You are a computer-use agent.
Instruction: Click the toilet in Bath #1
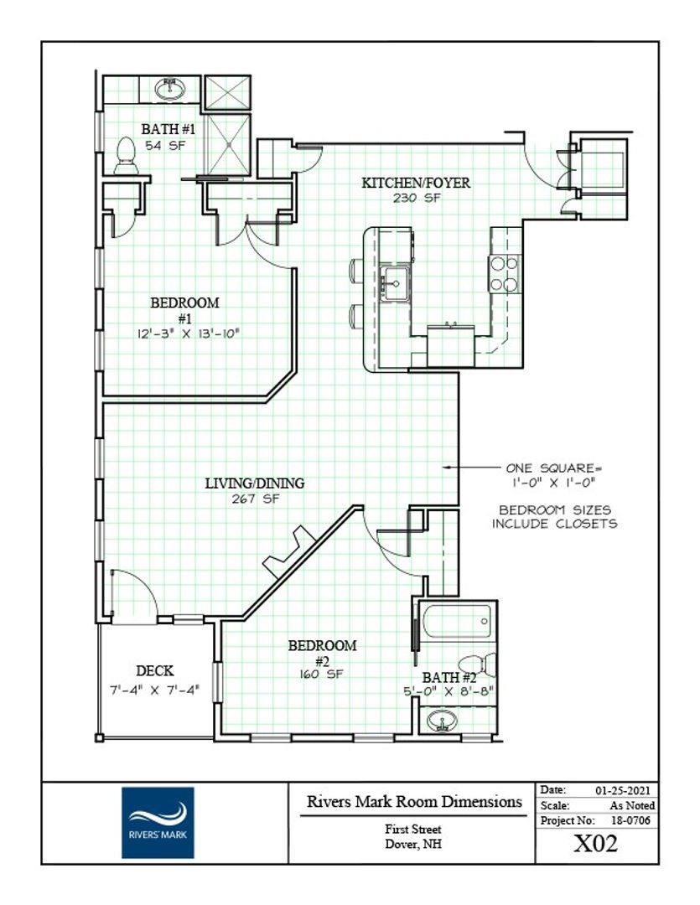tap(126, 156)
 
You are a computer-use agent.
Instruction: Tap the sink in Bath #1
tap(170, 89)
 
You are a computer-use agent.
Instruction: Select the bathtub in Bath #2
tap(457, 621)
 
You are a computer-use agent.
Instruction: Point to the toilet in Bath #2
tap(478, 665)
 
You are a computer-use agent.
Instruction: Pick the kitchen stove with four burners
tap(504, 273)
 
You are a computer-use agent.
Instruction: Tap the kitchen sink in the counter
tap(396, 283)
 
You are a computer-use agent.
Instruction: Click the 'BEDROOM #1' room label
tap(184, 310)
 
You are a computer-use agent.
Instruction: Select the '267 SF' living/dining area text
tap(256, 499)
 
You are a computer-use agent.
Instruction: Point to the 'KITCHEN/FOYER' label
tap(416, 183)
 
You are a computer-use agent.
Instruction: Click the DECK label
tap(155, 670)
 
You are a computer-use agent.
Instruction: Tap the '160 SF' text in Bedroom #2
tap(321, 674)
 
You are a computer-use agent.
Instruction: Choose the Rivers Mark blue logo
tap(158, 823)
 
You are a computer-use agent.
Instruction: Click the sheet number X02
tap(595, 844)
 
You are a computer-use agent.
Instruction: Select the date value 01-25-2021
tap(623, 791)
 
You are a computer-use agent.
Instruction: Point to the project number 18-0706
tap(630, 820)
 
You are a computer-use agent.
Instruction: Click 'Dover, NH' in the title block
tap(413, 844)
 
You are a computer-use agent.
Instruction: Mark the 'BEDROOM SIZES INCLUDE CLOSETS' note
tap(554, 517)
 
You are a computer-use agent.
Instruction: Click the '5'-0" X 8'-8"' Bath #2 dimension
tap(449, 690)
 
